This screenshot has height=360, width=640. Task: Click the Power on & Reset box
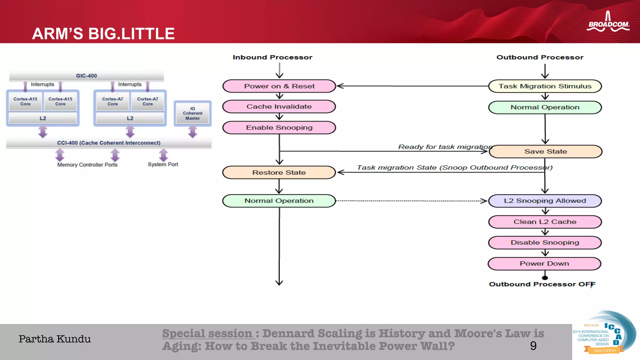coord(279,86)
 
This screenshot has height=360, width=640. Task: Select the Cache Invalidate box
coord(279,107)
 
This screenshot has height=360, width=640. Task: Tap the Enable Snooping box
coord(279,127)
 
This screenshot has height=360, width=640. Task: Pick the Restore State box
coord(279,172)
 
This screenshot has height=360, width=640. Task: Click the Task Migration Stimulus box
coord(545,86)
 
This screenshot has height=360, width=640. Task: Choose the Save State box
coord(545,152)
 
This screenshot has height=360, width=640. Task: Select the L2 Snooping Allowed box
coord(545,201)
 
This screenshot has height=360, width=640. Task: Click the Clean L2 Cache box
coord(545,222)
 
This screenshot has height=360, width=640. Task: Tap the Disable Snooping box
coord(545,242)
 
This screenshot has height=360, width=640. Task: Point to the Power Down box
coord(544,264)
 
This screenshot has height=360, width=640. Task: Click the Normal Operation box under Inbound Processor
coord(279,201)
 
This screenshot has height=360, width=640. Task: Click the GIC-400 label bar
coord(87,76)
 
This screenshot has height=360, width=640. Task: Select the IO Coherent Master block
coord(192,113)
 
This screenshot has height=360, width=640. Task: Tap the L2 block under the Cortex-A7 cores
coord(130,118)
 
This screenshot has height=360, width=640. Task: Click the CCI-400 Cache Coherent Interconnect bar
coord(109,143)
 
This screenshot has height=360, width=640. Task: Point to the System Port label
coord(163,164)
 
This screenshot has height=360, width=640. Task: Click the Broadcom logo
coord(608,22)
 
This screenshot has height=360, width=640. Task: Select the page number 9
coord(533,346)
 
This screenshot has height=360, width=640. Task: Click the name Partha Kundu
coord(55,339)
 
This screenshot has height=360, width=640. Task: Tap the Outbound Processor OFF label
coord(542,284)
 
